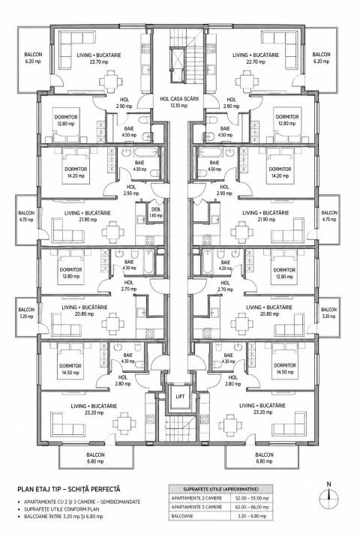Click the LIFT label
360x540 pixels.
pyautogui.click(x=180, y=397)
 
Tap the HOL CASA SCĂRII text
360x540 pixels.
pyautogui.click(x=181, y=98)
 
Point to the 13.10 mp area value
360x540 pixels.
pyautogui.click(x=179, y=106)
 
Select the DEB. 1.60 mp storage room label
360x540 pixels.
pyautogui.click(x=156, y=212)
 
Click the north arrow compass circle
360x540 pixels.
pyautogui.click(x=329, y=497)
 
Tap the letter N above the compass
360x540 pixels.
pyautogui.click(x=329, y=484)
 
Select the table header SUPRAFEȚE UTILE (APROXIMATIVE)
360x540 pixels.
pyautogui.click(x=220, y=489)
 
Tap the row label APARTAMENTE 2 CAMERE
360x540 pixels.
pyautogui.click(x=196, y=498)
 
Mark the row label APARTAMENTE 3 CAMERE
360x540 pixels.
pyautogui.click(x=196, y=507)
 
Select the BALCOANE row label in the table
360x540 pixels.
pyautogui.click(x=181, y=516)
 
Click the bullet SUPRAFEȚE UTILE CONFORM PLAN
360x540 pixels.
pyautogui.click(x=61, y=509)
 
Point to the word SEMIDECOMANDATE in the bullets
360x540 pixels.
pyautogui.click(x=119, y=502)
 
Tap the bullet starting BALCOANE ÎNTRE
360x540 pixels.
pyautogui.click(x=64, y=517)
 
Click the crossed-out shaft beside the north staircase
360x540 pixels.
pyautogui.click(x=178, y=65)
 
